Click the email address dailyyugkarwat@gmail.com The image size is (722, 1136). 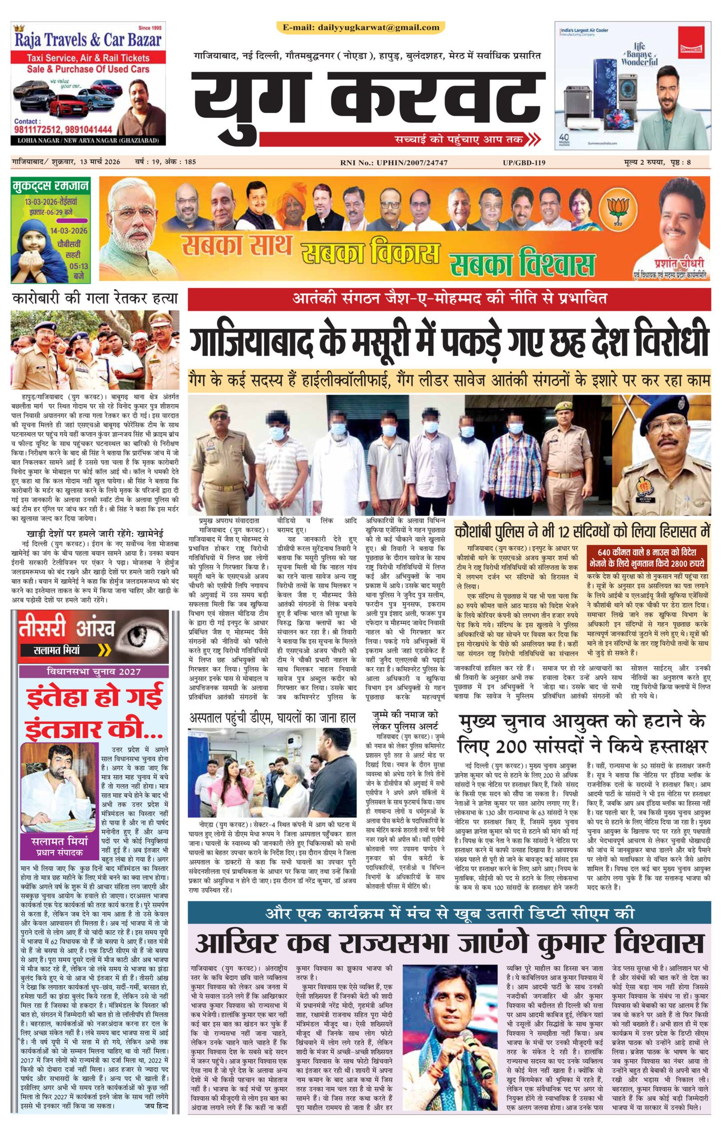pyautogui.click(x=379, y=28)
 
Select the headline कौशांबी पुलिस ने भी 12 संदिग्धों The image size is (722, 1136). pyautogui.click(x=582, y=531)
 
